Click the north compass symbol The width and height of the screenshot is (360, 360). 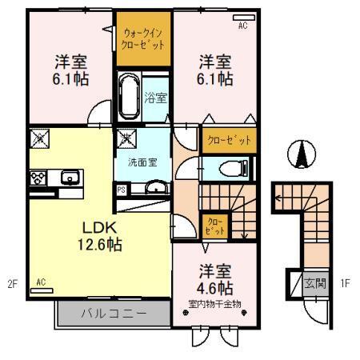[x=302, y=153]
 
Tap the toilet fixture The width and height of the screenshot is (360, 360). [x=231, y=169]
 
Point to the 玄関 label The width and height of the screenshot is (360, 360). [x=314, y=282]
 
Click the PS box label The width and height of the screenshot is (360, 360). [x=122, y=190]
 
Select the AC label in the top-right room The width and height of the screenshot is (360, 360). [x=243, y=26]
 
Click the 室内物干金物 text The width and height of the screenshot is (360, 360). [x=215, y=303]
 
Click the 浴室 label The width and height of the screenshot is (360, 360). [x=155, y=99]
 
